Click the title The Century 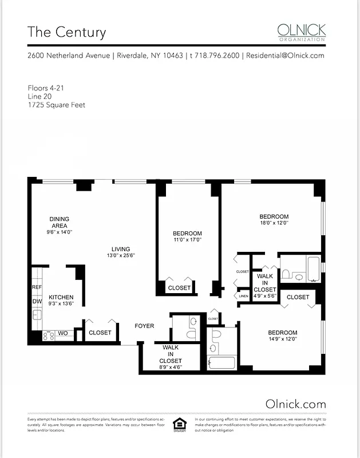tap(67, 32)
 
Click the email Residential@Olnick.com tap(285, 56)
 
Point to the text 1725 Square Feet tap(57, 105)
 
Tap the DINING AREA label tap(60, 222)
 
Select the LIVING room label tap(121, 249)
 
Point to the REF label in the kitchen tap(37, 287)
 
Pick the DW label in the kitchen tap(37, 301)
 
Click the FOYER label tap(144, 326)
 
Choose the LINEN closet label tap(244, 297)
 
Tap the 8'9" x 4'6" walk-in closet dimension tap(171, 368)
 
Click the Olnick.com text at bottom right tap(296, 404)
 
